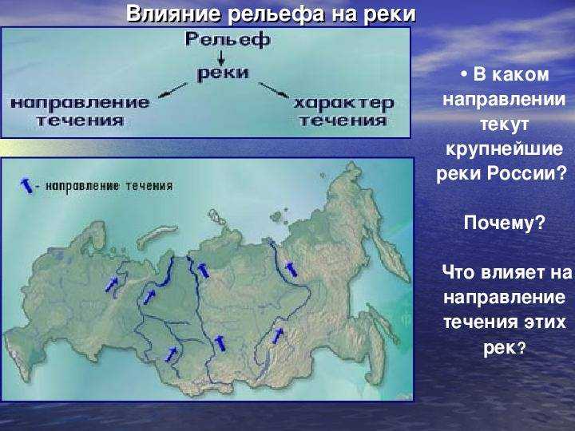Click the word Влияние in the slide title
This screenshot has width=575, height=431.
point(173,14)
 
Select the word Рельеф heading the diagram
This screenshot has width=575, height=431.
point(228,39)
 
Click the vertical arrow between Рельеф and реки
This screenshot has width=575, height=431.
point(221,57)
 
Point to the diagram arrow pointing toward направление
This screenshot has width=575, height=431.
point(172,90)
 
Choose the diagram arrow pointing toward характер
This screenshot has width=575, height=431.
point(274,90)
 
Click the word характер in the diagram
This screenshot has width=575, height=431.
point(343,104)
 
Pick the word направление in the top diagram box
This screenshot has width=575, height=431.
point(80,103)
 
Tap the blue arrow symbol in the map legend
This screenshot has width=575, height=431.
point(26,186)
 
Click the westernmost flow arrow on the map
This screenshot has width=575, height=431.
point(112,284)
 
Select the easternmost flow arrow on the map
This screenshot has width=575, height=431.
point(291,270)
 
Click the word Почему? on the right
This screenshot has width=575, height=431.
point(505,223)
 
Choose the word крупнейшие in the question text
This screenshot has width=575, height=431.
point(504,148)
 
